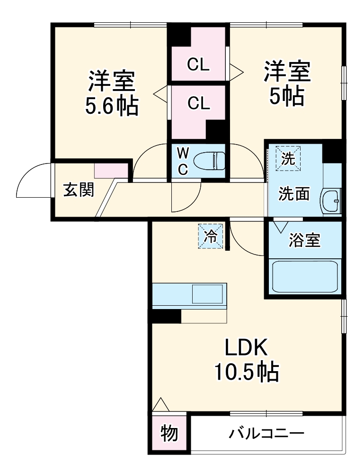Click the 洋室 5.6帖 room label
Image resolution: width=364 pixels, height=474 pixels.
click(x=112, y=94)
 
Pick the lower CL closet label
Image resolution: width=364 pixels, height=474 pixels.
click(x=198, y=103)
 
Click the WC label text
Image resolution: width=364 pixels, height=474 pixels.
click(x=183, y=161)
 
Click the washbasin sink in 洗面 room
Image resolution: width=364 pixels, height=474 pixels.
click(x=331, y=201)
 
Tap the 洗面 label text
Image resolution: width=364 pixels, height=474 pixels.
click(x=293, y=194)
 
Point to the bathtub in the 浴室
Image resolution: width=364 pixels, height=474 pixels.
click(x=305, y=276)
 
